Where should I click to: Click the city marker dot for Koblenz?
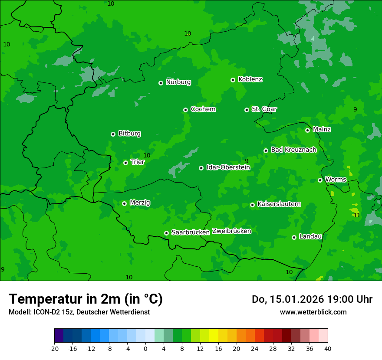[x=233, y=80]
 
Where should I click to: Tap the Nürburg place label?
[x=178, y=82]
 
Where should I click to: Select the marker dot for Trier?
[x=125, y=163]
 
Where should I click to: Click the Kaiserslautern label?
[x=279, y=204]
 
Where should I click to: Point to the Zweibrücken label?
[x=231, y=231]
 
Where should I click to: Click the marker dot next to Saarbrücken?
[x=166, y=233]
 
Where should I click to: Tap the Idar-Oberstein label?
[x=228, y=167]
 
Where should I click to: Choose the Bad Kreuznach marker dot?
[x=266, y=151]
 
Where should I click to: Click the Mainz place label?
[x=322, y=129]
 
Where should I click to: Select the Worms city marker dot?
[x=320, y=180]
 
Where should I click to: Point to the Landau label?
[x=310, y=236]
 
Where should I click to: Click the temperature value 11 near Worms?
[x=357, y=215]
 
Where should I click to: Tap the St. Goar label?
[x=264, y=109]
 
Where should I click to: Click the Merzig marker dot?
[x=124, y=203]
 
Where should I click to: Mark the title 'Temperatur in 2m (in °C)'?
[x=86, y=299]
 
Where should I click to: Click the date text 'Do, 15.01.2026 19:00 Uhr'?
[x=312, y=299]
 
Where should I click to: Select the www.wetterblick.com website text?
[x=313, y=312]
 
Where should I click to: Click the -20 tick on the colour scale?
[x=54, y=348]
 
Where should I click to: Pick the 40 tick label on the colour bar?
[x=327, y=348]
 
